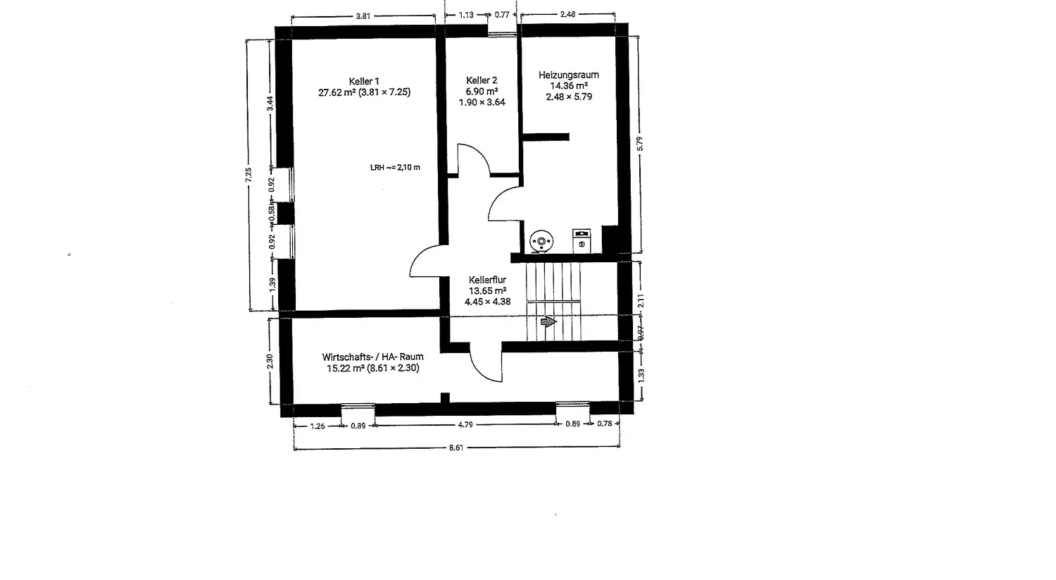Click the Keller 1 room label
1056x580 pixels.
click(x=364, y=81)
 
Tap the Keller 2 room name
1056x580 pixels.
click(x=482, y=80)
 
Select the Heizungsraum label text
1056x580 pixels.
click(x=569, y=75)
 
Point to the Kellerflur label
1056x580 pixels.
click(x=487, y=280)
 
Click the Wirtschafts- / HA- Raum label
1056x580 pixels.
click(x=372, y=357)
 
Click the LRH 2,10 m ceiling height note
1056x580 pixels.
click(x=395, y=168)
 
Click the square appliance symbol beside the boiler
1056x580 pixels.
click(x=582, y=240)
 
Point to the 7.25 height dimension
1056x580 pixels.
click(x=249, y=175)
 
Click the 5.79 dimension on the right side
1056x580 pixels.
click(x=639, y=143)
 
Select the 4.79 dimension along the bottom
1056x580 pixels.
click(x=465, y=424)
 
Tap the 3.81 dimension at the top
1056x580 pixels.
click(x=363, y=15)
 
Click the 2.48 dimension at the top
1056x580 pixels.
click(x=568, y=14)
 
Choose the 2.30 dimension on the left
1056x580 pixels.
click(x=270, y=361)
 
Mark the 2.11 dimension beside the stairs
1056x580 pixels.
click(x=641, y=300)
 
